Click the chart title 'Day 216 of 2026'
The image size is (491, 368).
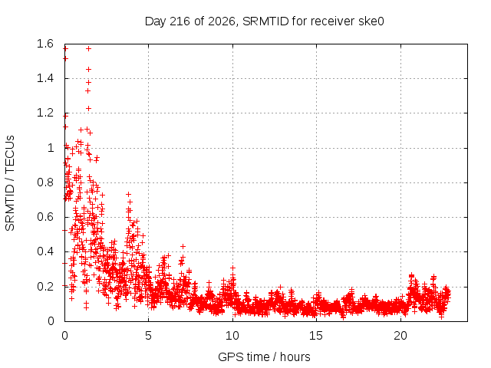189,21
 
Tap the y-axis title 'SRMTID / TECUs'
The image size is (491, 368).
10,183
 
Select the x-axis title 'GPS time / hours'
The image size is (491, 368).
264,356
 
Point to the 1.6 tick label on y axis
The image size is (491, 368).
45,44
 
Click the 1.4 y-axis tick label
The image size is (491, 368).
45,78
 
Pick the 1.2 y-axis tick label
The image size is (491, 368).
45,113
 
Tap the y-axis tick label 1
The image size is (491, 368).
51,148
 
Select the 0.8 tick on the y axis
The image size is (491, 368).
45,182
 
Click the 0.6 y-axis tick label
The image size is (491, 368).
45,217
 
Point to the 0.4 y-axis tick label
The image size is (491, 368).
45,251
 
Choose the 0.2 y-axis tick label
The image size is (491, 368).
45,286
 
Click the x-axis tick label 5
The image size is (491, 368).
148,336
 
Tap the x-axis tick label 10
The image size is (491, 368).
232,336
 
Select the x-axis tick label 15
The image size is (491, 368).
316,336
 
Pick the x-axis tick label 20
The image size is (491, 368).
400,336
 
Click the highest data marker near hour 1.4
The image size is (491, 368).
89,48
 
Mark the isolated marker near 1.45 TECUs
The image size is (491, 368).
89,69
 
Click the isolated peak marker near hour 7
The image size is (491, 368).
183,247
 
